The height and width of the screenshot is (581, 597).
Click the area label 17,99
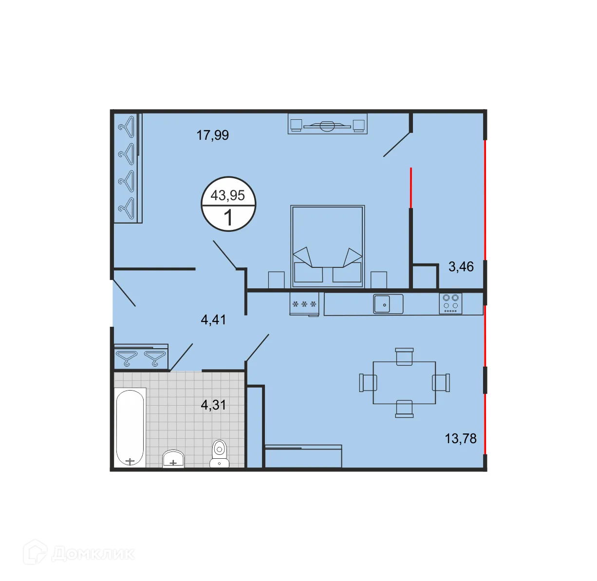pos(212,135)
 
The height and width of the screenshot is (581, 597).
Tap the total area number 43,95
pos(227,195)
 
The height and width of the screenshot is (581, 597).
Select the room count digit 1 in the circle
pos(228,218)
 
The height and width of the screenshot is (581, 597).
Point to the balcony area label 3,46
pos(461,267)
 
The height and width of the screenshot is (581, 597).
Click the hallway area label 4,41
pos(213,320)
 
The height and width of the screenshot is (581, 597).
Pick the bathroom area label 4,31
pos(213,405)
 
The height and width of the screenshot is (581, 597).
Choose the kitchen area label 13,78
pos(460,438)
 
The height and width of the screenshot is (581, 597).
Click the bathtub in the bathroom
pos(130,427)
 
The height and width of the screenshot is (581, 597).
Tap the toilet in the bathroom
pos(220,453)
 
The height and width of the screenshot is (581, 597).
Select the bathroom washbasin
pos(173,459)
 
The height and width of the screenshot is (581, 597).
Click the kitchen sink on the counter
pos(388,304)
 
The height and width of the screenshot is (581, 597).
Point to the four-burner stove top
pos(450,303)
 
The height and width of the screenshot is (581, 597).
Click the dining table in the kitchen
pos(404,382)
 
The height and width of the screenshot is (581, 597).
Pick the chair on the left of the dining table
pos(368,382)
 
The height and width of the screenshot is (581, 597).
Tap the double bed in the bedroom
pos(327,246)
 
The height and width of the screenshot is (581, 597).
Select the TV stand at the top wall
pos(327,124)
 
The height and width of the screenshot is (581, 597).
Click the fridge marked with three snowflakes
pos(304,304)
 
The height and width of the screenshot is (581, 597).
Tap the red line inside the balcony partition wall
pos(411,187)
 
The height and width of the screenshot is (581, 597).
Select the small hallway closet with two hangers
pos(141,357)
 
